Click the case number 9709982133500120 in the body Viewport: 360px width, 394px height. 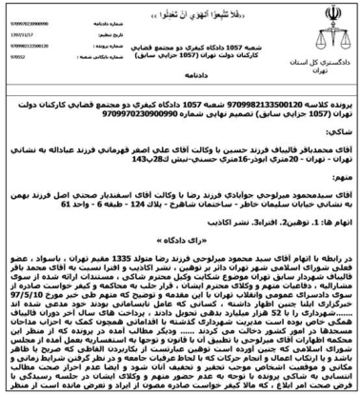(x=270, y=96)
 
